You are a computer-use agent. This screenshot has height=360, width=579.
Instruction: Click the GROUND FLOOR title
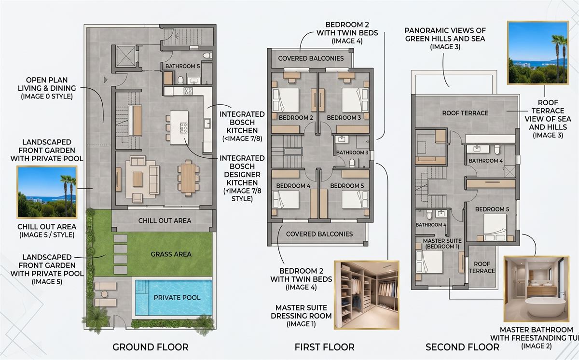tap(151, 347)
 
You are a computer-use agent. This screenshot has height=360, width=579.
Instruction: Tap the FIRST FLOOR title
tap(325, 347)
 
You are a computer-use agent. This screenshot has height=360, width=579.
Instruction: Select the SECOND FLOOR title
tap(462, 347)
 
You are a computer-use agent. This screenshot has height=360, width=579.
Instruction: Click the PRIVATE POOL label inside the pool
tap(177, 297)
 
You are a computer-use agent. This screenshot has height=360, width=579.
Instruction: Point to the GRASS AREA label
tap(171, 254)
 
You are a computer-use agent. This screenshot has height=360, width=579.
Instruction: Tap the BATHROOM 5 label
tap(182, 66)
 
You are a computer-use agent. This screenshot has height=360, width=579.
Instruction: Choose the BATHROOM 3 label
tap(352, 152)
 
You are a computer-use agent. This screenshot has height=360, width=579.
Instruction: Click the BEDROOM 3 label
tap(344, 118)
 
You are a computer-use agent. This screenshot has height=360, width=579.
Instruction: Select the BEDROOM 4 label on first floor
tap(293, 186)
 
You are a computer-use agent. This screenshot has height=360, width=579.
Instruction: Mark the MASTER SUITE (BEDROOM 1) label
tap(442, 243)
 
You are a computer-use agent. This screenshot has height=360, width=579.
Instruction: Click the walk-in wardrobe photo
tap(367, 295)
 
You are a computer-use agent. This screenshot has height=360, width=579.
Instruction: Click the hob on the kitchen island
tap(183, 128)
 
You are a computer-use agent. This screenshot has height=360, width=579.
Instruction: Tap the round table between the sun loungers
tap(104, 294)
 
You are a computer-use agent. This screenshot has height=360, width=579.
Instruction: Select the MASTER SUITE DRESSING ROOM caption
tap(301, 316)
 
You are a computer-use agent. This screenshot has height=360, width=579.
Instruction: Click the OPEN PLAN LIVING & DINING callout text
tap(47, 88)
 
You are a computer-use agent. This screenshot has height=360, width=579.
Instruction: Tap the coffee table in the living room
tap(138, 180)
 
